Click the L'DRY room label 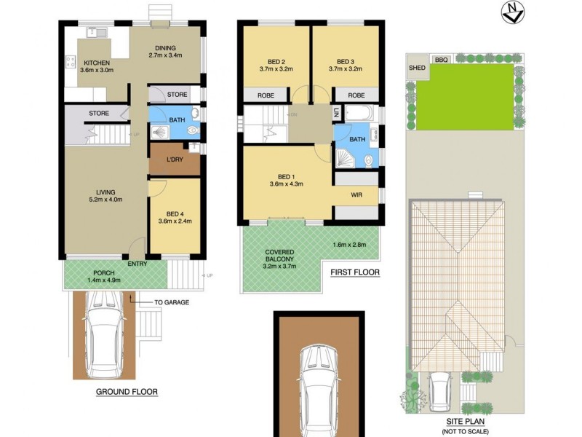tap(175, 160)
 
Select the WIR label tap(356, 195)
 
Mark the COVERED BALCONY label tap(280, 256)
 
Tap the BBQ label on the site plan tap(440, 60)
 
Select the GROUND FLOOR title tap(127, 392)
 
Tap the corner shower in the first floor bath tap(345, 158)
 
